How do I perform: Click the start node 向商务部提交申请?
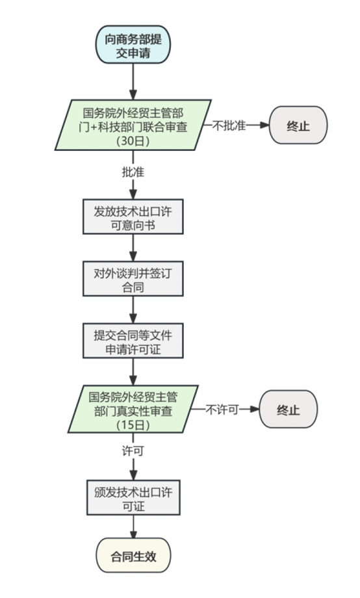click(x=133, y=45)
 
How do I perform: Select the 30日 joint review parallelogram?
click(x=133, y=125)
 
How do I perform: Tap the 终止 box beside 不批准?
click(x=298, y=125)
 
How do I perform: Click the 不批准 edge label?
click(x=229, y=125)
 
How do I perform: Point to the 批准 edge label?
click(x=133, y=172)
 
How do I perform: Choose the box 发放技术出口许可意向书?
click(x=133, y=216)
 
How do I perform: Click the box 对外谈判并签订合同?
click(x=133, y=279)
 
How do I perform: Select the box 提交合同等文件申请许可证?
click(x=133, y=341)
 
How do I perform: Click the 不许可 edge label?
click(x=223, y=409)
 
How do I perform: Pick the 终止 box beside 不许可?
click(x=289, y=410)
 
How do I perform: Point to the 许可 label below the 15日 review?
click(x=133, y=450)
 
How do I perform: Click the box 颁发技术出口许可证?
click(x=133, y=498)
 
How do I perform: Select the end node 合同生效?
click(x=133, y=556)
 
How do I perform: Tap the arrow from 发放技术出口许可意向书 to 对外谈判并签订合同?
click(x=133, y=248)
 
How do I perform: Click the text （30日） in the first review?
click(x=133, y=140)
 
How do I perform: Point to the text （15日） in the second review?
click(x=133, y=425)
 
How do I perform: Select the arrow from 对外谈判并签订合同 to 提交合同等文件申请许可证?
click(x=133, y=310)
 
